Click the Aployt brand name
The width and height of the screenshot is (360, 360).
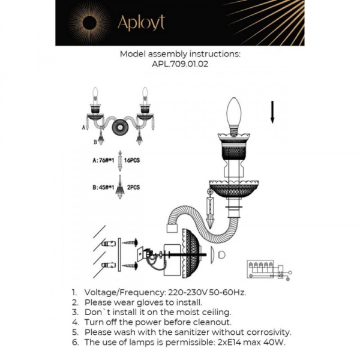(x=140, y=22)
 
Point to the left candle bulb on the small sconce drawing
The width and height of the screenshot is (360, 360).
(x=95, y=95)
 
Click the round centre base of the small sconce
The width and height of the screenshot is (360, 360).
(x=119, y=127)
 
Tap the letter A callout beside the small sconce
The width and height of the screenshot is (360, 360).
(x=83, y=128)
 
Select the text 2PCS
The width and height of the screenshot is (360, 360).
(x=133, y=187)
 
